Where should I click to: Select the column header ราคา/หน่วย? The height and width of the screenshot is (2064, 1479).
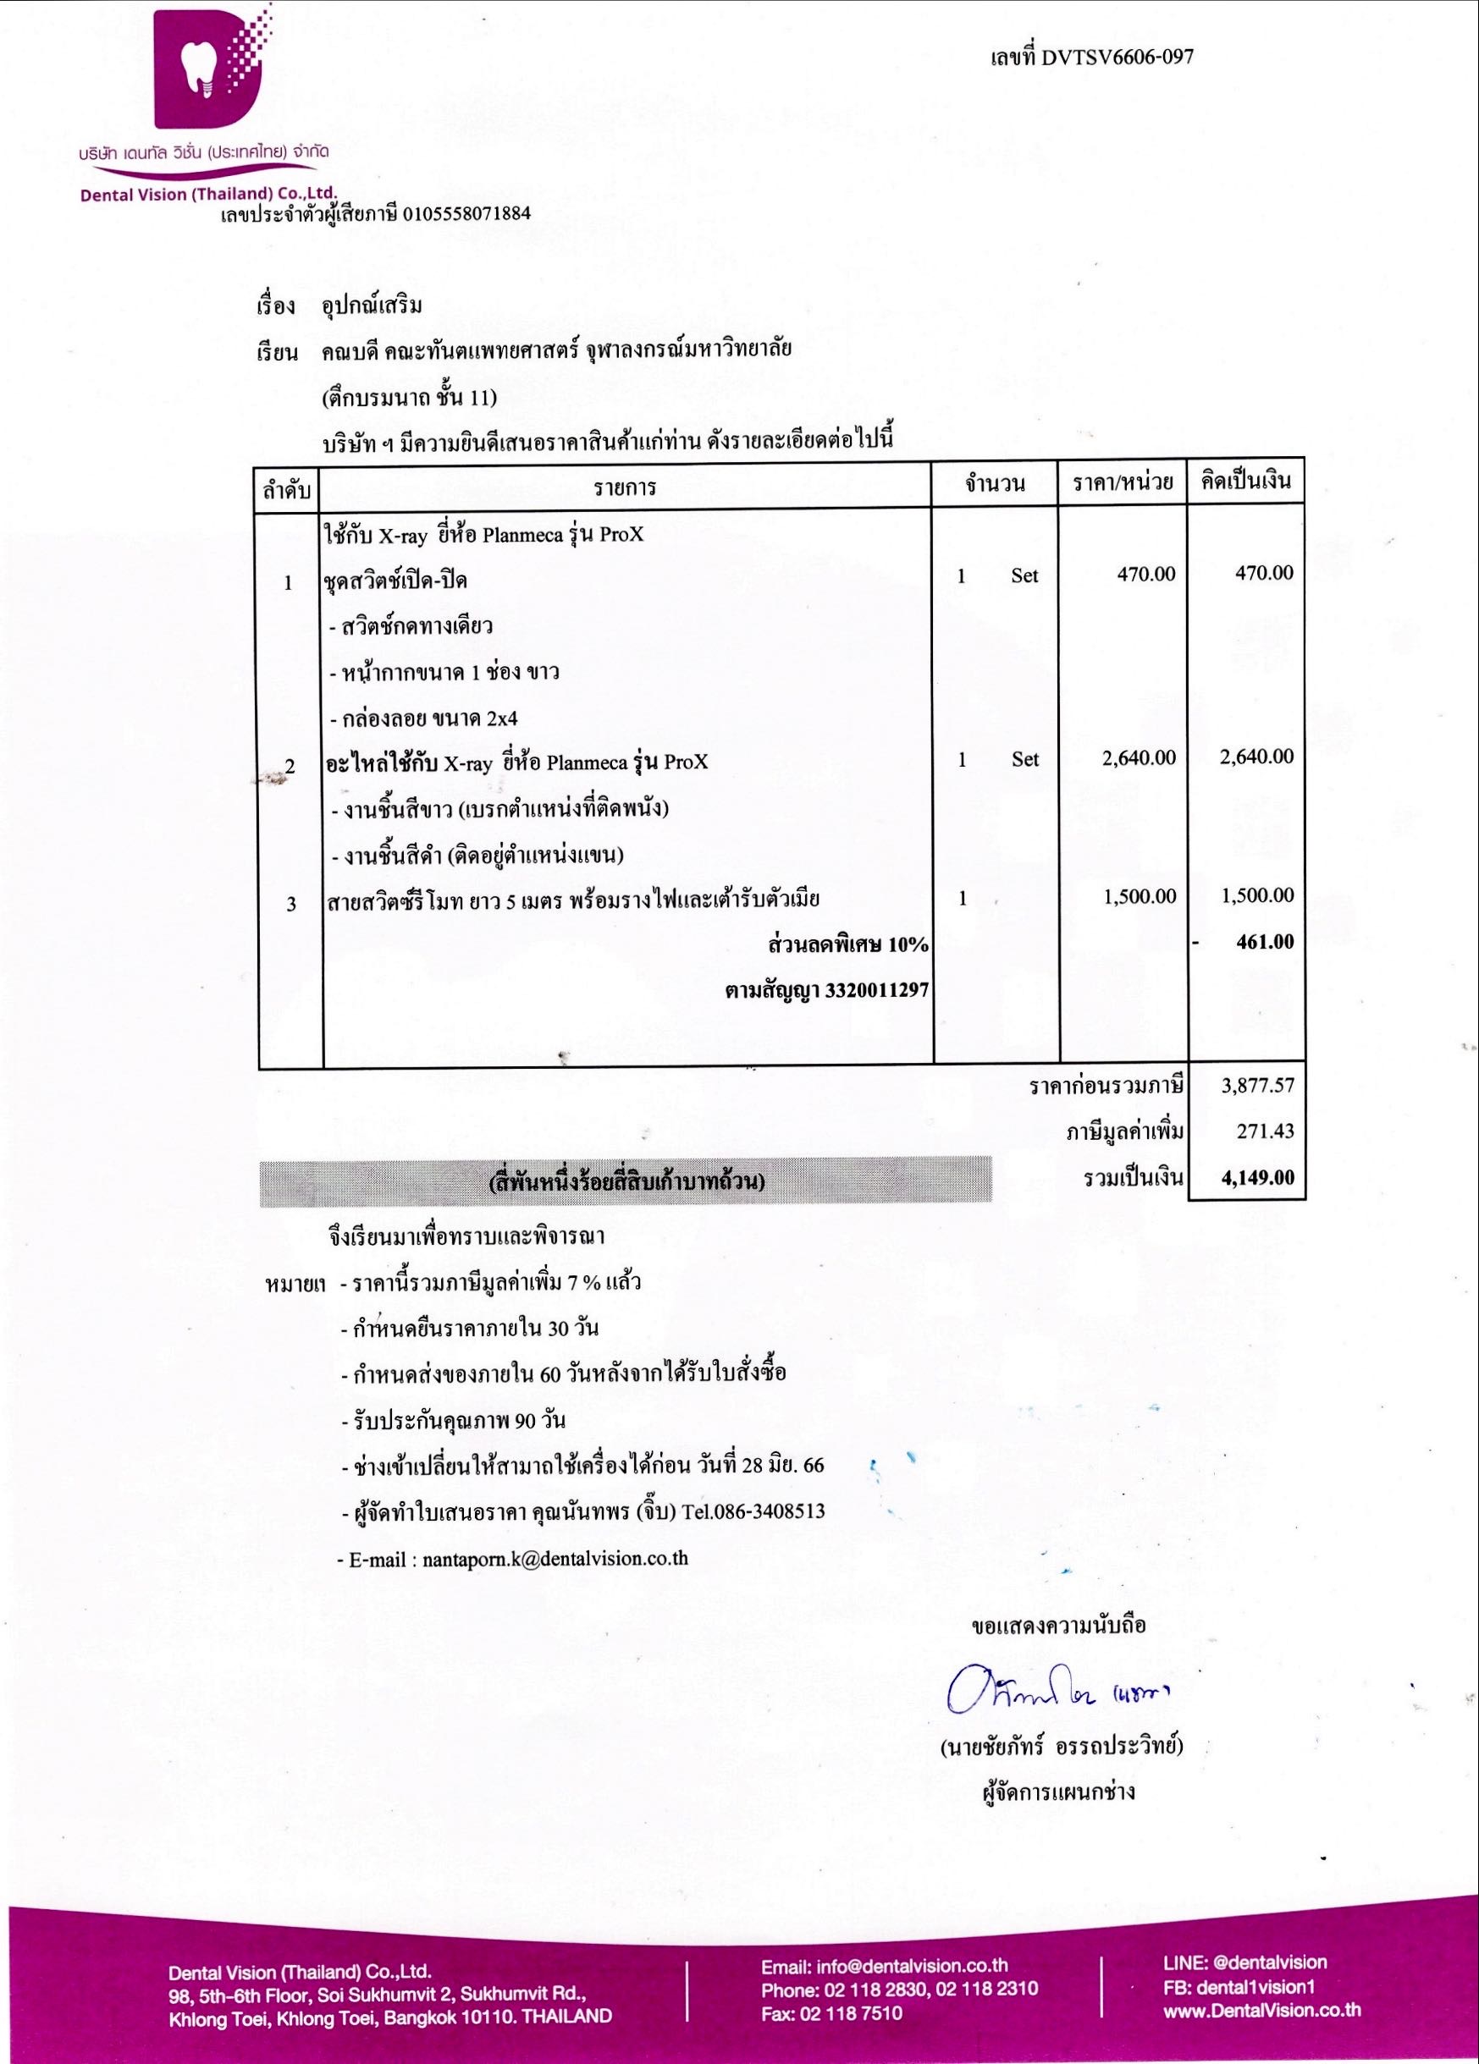click(x=1123, y=484)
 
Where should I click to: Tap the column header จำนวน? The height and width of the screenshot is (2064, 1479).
click(x=995, y=484)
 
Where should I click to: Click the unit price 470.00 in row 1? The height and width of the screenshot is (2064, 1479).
click(x=1146, y=575)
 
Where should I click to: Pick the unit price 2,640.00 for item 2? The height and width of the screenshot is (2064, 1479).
click(x=1139, y=758)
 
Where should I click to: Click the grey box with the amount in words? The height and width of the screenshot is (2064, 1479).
click(x=626, y=1182)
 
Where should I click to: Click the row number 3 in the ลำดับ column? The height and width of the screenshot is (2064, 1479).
click(x=291, y=905)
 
